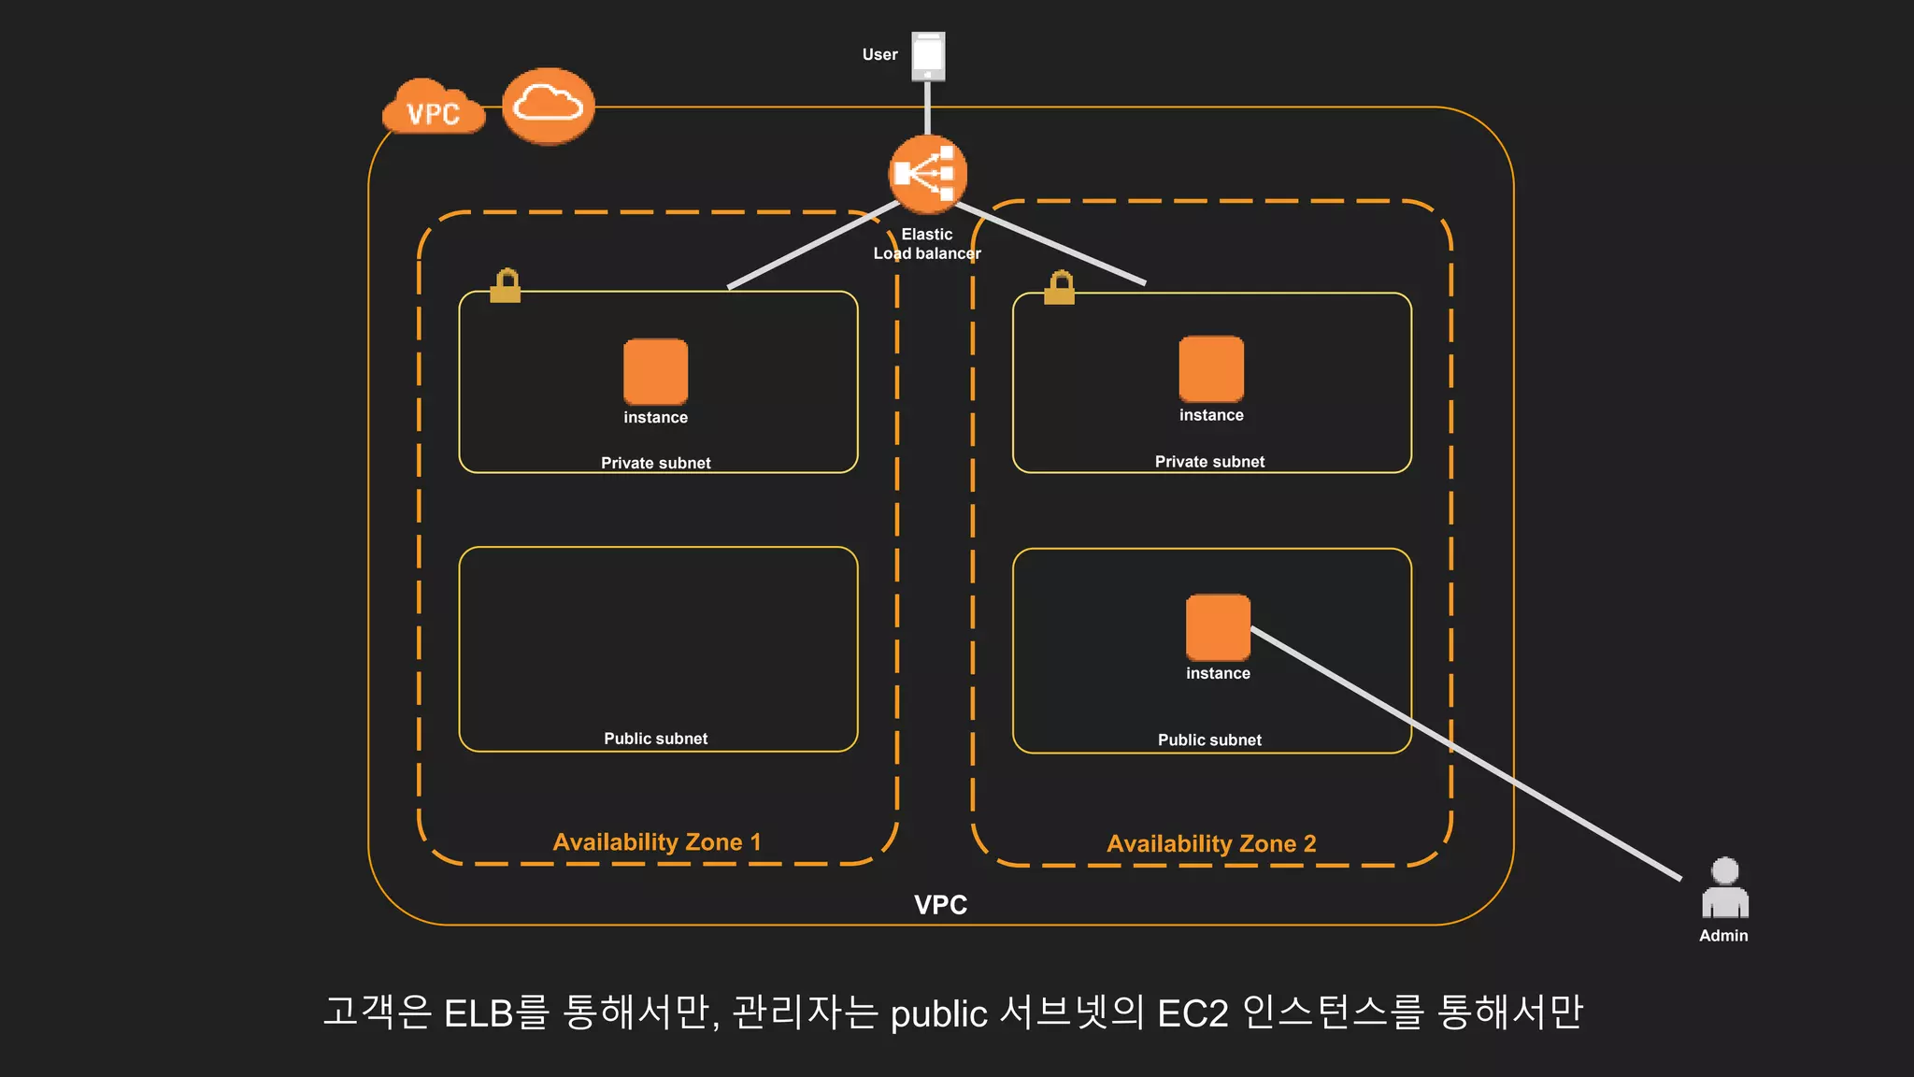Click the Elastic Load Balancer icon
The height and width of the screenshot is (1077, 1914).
pyautogui.click(x=927, y=174)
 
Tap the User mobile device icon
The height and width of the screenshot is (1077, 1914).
pyautogui.click(x=928, y=56)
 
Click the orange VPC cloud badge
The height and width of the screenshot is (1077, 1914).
pyautogui.click(x=434, y=109)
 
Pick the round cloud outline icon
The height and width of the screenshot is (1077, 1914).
pyautogui.click(x=549, y=106)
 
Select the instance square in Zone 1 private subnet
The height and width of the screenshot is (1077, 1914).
pyautogui.click(x=655, y=371)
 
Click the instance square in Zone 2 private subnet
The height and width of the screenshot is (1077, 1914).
pyautogui.click(x=1211, y=369)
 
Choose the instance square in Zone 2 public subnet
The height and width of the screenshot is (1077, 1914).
pyautogui.click(x=1218, y=627)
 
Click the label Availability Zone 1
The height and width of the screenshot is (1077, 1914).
pyautogui.click(x=656, y=841)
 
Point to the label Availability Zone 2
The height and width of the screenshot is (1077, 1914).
pyautogui.click(x=1211, y=843)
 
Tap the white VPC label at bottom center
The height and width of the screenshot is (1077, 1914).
pyautogui.click(x=940, y=904)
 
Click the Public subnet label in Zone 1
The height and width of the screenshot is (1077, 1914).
pyautogui.click(x=655, y=739)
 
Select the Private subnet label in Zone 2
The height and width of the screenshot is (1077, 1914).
pyautogui.click(x=1209, y=461)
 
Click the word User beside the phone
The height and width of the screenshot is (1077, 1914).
pyautogui.click(x=879, y=54)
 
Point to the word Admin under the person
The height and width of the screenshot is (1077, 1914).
pyautogui.click(x=1723, y=936)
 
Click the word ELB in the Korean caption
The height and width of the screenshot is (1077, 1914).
pyautogui.click(x=478, y=1013)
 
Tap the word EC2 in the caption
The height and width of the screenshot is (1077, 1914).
pyautogui.click(x=1192, y=1013)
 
